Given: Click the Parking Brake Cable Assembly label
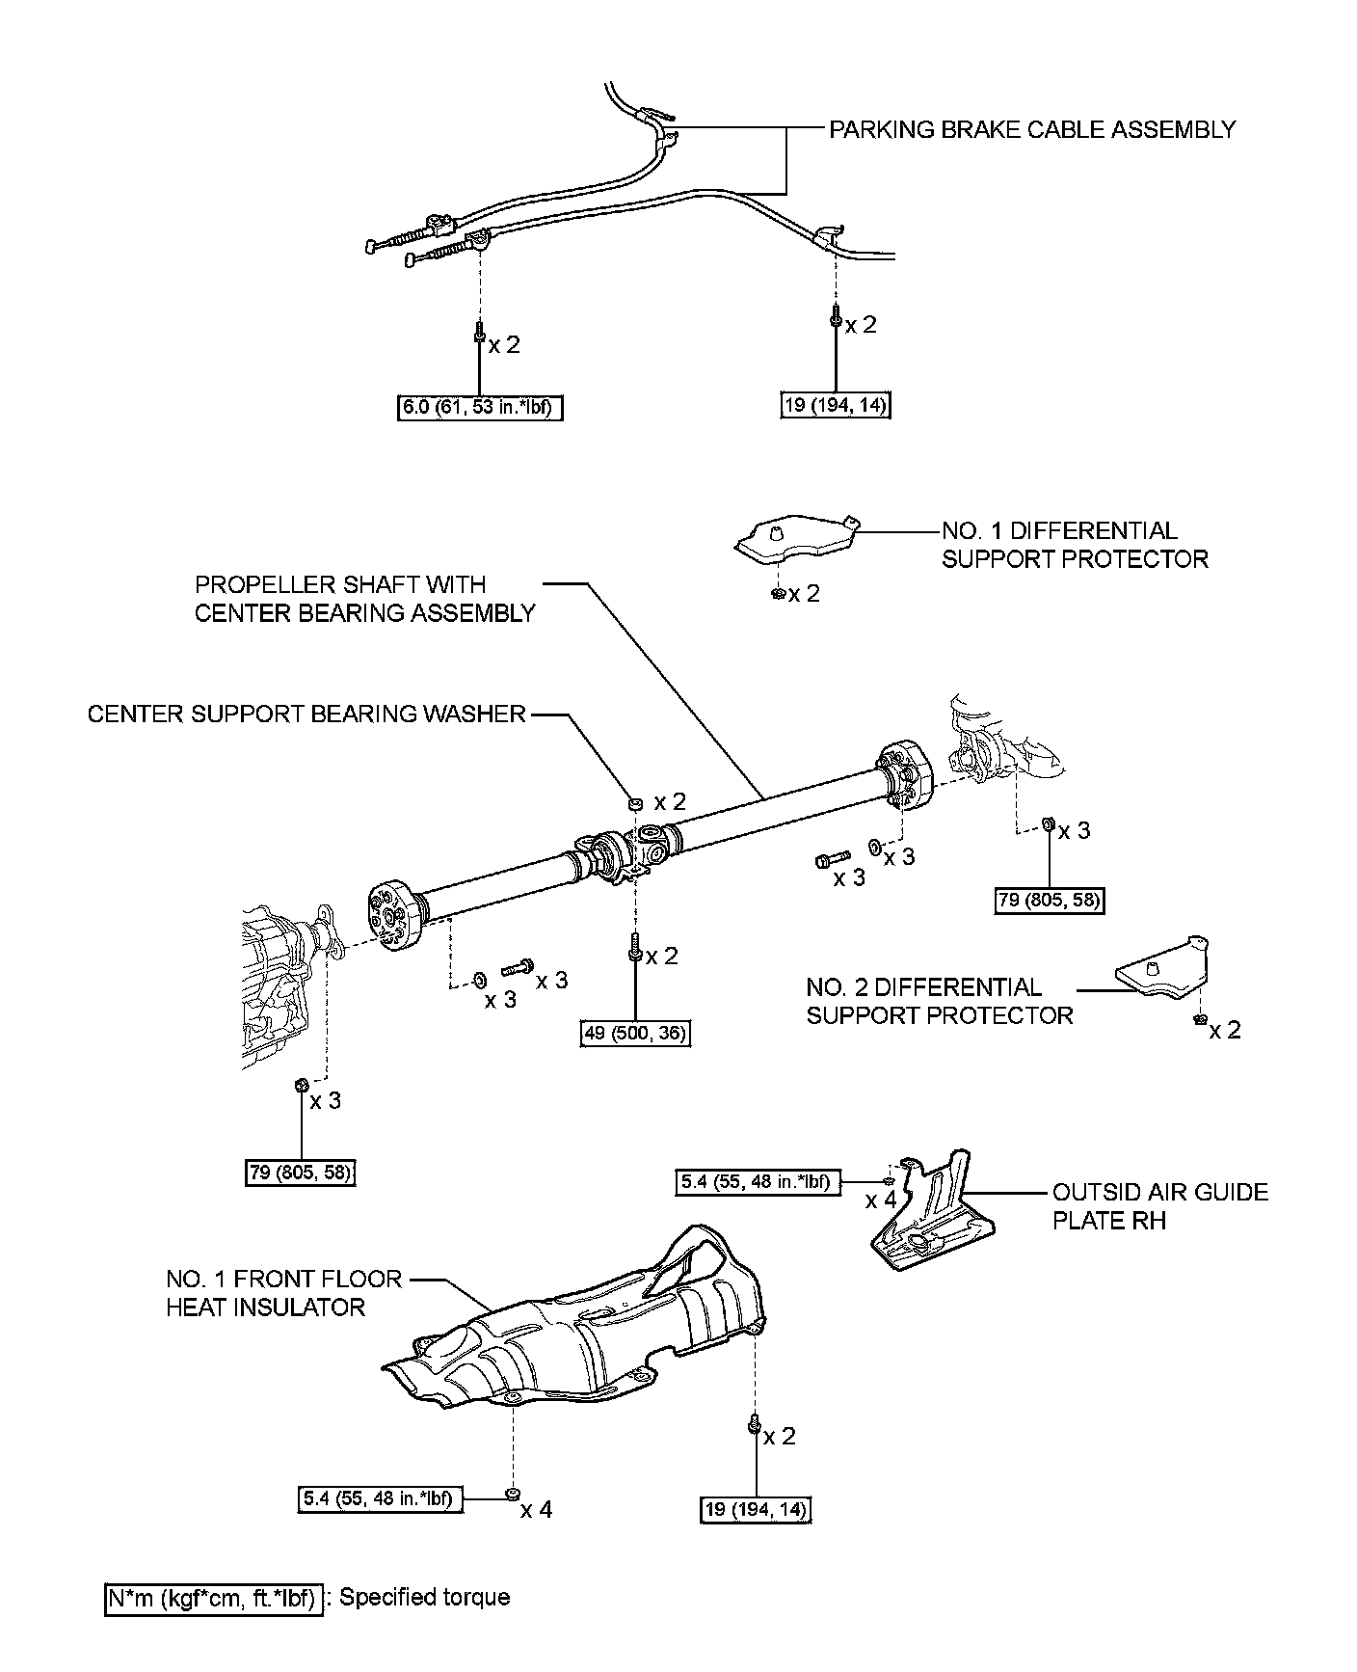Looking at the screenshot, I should [x=1032, y=129].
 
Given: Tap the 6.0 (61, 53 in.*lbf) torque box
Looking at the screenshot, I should [x=479, y=408].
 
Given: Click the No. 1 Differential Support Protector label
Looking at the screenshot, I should [x=1074, y=545].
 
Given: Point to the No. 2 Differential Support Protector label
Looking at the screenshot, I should [x=939, y=1001].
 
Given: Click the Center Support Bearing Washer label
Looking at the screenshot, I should [x=306, y=714].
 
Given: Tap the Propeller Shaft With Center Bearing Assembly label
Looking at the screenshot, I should [x=364, y=599].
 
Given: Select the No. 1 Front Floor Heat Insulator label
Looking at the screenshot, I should [x=283, y=1293].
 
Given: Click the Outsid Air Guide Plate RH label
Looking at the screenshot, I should [x=1159, y=1206].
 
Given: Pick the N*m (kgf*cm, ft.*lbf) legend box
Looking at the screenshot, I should [x=213, y=1598].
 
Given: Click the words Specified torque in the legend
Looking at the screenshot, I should [x=424, y=1598].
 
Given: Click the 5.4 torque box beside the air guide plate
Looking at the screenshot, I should [x=756, y=1181].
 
